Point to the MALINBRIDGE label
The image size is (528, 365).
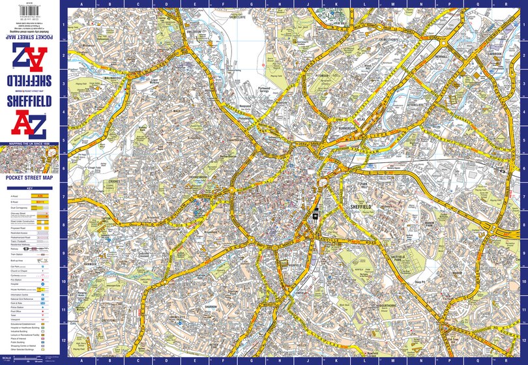tap(95, 78)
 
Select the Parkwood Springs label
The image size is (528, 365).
tap(263, 90)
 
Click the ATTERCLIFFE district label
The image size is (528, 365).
tap(415, 104)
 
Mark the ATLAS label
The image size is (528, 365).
tap(359, 119)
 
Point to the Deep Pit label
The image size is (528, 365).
tap(419, 282)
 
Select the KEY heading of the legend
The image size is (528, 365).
tap(29, 188)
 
